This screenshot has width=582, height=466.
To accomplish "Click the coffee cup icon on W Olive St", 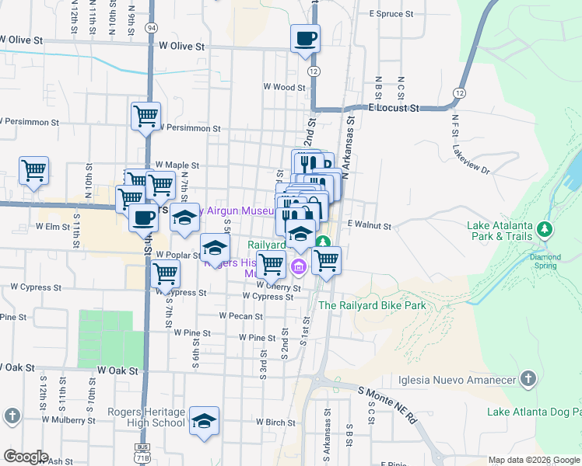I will (305, 37).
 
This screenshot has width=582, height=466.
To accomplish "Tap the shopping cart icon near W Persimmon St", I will (145, 116).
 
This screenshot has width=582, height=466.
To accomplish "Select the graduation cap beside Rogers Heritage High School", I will (204, 421).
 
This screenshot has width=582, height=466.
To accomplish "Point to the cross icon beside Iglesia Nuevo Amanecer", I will (528, 379).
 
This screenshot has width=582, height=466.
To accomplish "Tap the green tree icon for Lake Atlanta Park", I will (545, 229).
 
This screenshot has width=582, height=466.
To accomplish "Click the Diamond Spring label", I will (545, 261).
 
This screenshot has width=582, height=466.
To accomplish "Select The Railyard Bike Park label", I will (372, 305).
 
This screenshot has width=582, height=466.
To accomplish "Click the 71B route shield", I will (142, 454).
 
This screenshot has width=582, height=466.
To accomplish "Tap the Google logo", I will (26, 457).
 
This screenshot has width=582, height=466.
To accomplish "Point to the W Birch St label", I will (275, 423).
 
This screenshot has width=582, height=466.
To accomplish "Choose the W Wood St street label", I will (285, 88).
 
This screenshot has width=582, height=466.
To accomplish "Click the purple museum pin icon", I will (297, 268).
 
